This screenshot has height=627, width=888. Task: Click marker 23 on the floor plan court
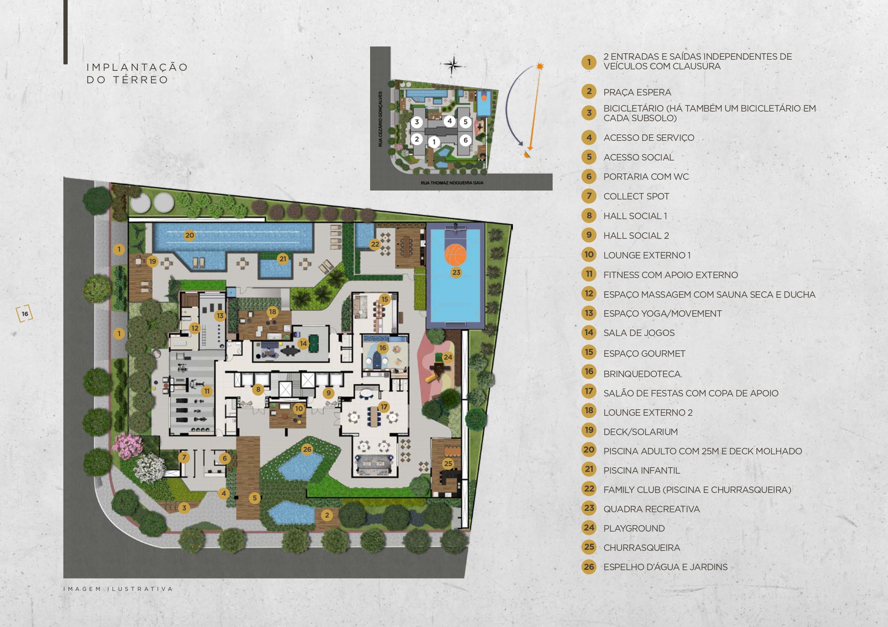click(456, 272)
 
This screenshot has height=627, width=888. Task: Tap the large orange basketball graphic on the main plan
click(456, 255)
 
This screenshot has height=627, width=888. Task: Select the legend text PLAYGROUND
click(634, 528)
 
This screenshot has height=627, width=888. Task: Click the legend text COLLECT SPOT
click(636, 196)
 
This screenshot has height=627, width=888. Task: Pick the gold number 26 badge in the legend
click(589, 567)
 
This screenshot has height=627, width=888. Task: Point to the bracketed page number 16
click(25, 314)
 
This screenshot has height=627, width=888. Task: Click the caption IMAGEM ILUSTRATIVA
click(118, 589)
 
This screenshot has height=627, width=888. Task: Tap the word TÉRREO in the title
click(141, 80)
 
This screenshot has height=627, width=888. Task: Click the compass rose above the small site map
click(453, 65)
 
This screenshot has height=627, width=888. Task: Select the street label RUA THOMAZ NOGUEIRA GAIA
click(452, 183)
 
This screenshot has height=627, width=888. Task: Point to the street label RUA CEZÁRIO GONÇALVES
click(380, 119)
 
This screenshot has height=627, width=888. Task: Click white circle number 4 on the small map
click(450, 121)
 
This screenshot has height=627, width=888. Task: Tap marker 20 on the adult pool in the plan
click(189, 235)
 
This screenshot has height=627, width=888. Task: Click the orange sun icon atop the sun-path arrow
click(540, 66)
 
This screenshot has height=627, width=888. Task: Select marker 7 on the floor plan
click(184, 458)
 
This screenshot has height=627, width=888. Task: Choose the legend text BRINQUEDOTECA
click(642, 374)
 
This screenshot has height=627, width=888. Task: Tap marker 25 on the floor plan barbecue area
click(448, 464)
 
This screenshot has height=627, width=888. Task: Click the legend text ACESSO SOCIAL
click(639, 157)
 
